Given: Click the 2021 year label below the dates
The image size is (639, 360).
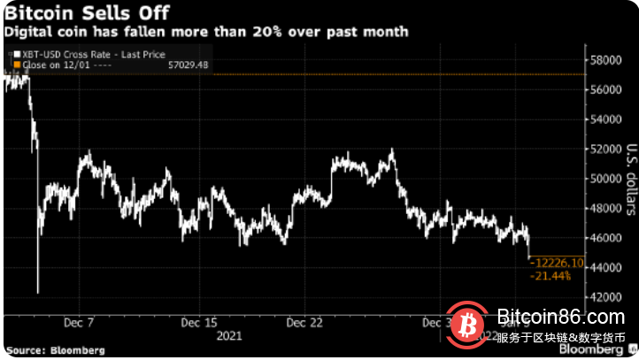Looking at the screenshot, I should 229,336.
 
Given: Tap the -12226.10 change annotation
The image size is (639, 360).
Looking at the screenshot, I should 557,263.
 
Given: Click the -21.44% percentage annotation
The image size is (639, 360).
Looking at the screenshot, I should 550,276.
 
